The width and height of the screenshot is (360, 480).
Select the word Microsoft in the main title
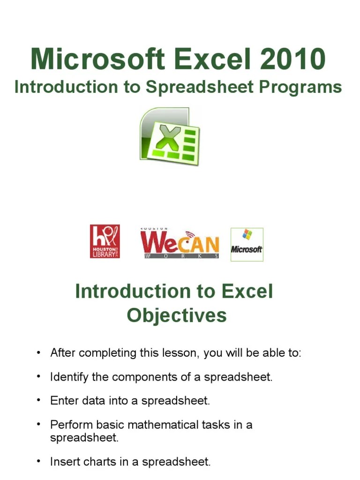(x=97, y=60)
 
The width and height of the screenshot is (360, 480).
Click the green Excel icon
(x=169, y=136)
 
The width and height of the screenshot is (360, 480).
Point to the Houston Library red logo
(x=105, y=241)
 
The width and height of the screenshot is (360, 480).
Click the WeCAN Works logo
(x=180, y=243)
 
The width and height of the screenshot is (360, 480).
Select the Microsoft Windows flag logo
(x=247, y=244)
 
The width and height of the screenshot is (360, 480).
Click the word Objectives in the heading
(x=177, y=315)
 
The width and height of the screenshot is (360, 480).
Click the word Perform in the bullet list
(x=67, y=425)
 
